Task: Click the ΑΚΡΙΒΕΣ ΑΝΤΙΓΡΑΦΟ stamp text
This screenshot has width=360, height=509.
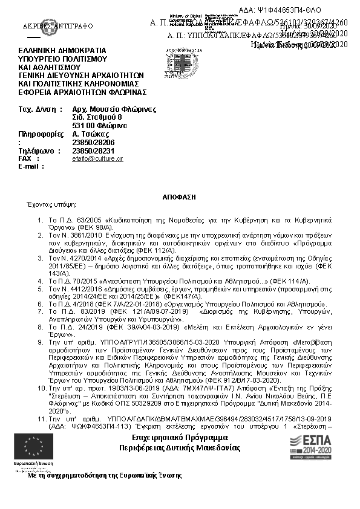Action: [49, 27]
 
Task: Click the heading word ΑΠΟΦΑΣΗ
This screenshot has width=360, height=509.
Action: [180, 197]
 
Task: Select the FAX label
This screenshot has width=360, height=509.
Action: [25, 158]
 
